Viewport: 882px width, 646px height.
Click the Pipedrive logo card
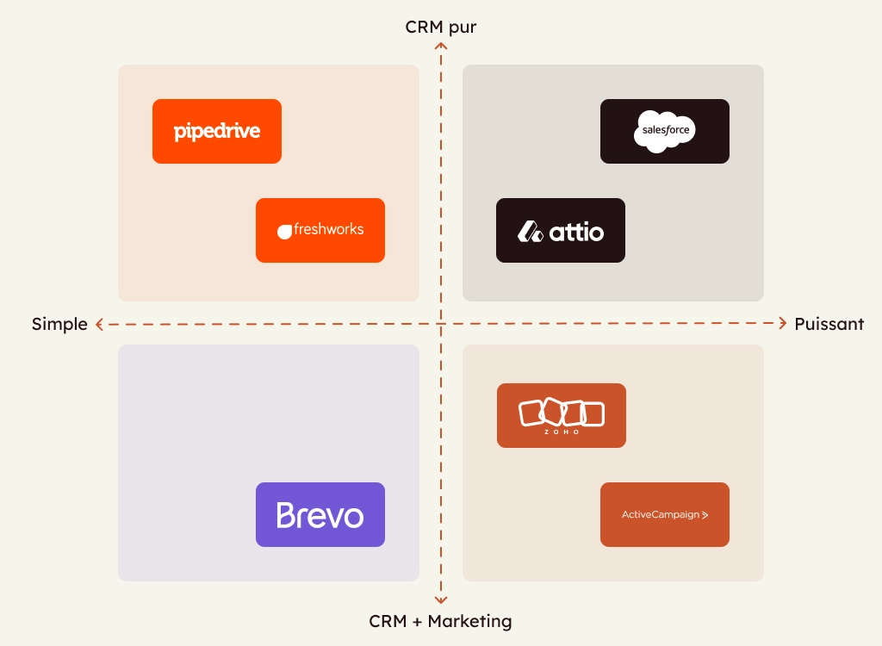[x=217, y=131]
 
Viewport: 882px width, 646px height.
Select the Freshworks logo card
[x=320, y=230]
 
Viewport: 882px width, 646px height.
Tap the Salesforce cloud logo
[x=664, y=132]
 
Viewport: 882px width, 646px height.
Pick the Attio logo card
[x=561, y=230]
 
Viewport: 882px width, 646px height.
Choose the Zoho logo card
[x=562, y=415]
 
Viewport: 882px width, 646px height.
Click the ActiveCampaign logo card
[x=665, y=514]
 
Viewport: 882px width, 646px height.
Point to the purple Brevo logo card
[x=320, y=514]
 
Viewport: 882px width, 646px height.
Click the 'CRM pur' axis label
[x=441, y=27]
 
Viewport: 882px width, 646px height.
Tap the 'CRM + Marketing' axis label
[x=440, y=621]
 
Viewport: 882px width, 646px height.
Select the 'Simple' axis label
[x=59, y=324]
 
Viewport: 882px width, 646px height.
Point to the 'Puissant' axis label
[x=829, y=324]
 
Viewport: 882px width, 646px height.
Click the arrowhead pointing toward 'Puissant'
[x=782, y=324]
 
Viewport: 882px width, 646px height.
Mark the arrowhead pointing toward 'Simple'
[x=100, y=325]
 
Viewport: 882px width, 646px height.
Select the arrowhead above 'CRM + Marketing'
[x=441, y=599]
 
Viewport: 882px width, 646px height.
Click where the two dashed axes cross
[x=441, y=324]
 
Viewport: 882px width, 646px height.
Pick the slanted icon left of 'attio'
[x=530, y=231]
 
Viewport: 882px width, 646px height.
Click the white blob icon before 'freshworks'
[x=285, y=231]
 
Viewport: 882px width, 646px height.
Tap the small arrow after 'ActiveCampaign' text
[x=705, y=515]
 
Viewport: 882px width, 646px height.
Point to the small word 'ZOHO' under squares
[x=562, y=432]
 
